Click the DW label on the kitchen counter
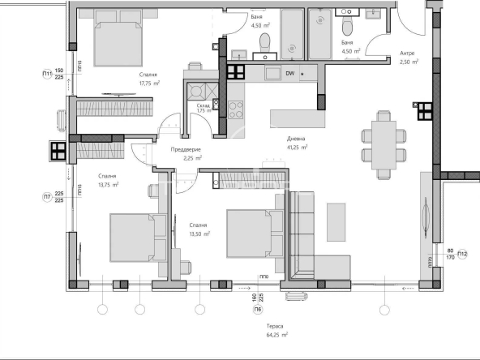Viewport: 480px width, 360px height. pos(290,74)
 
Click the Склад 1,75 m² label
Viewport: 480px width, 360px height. pos(204,107)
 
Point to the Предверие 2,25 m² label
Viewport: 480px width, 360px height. pos(186,154)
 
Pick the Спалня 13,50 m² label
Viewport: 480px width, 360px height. pos(199,229)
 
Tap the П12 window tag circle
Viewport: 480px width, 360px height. pos(462,255)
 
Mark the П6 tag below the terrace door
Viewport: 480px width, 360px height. pos(257,310)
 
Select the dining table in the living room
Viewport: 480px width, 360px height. pos(379,139)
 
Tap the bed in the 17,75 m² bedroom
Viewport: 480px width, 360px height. pos(114,38)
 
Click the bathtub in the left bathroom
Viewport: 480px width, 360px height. pos(293,34)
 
